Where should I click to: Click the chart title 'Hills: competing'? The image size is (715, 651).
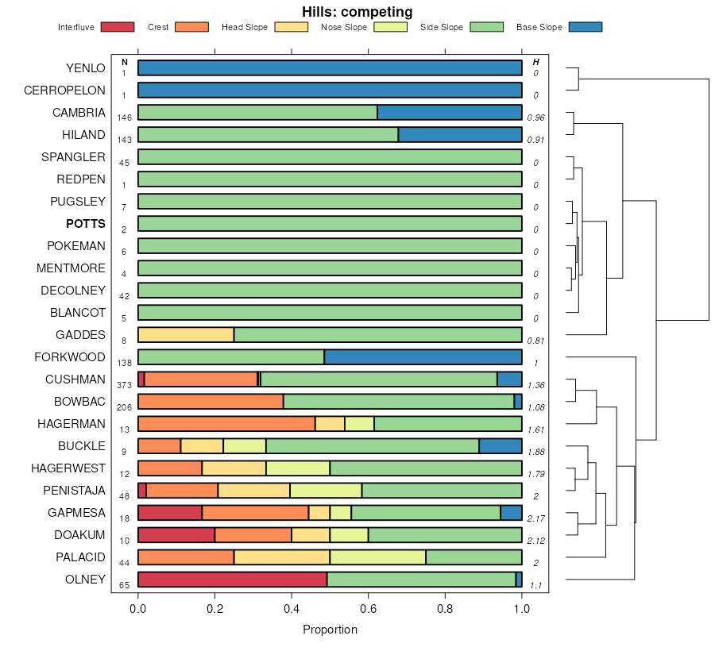tap(357, 12)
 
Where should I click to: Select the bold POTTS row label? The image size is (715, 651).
tap(86, 224)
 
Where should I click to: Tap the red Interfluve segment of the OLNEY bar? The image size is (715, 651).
tap(232, 580)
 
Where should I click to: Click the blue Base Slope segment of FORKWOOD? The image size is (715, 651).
tap(423, 357)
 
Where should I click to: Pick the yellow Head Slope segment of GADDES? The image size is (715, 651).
tap(186, 335)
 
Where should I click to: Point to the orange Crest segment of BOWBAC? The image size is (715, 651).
tap(211, 402)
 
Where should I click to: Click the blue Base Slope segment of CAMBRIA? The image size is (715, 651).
tap(449, 113)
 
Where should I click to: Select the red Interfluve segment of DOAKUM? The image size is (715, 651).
tap(176, 535)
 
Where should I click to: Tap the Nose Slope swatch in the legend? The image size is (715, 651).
tap(391, 27)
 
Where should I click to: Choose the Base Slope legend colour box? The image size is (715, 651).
tap(586, 27)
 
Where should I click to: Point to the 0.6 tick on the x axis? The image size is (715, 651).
tap(369, 609)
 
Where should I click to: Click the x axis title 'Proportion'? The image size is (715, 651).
tap(330, 630)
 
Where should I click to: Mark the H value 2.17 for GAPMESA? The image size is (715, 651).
tap(536, 518)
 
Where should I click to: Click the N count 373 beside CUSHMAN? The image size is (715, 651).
tap(124, 384)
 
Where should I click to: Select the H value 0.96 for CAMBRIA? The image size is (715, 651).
tap(536, 117)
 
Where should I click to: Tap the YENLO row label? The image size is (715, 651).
tap(86, 68)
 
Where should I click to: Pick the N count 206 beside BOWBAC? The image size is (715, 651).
tap(124, 406)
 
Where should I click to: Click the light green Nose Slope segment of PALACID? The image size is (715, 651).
tap(377, 557)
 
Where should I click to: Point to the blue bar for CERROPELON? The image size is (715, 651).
tap(330, 91)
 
